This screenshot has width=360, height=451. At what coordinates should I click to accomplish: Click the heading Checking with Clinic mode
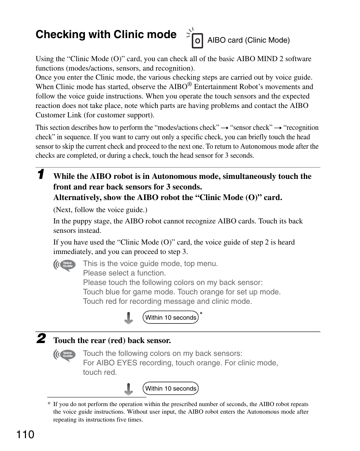click(x=106, y=35)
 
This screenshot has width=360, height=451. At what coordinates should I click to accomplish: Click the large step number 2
click(x=42, y=338)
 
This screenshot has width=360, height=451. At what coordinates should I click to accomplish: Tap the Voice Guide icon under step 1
click(x=65, y=265)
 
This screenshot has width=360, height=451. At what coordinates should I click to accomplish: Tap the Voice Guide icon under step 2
click(x=65, y=355)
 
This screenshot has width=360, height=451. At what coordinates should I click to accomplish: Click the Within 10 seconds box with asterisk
click(x=171, y=317)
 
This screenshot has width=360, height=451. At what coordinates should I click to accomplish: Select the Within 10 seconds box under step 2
click(x=171, y=388)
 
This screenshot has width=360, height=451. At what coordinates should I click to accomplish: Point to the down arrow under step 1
click(x=129, y=318)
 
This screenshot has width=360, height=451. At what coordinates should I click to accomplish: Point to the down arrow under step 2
click(x=129, y=389)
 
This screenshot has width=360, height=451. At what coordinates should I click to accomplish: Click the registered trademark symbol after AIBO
click(x=191, y=84)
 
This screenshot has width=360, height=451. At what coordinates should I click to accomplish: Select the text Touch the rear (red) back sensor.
click(x=112, y=340)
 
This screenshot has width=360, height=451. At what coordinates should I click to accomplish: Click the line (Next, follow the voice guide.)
click(x=100, y=210)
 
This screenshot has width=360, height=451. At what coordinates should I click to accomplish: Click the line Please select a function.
click(x=124, y=273)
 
